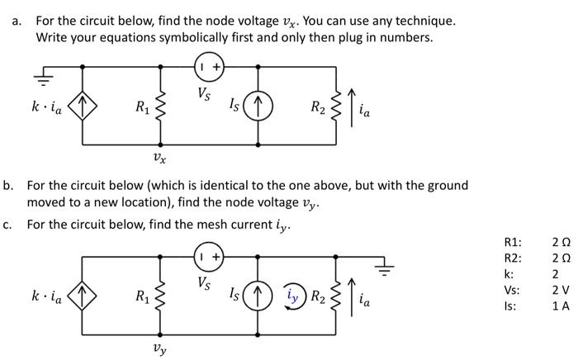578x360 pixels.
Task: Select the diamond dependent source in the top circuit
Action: [83, 107]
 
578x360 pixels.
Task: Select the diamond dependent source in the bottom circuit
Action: [83, 295]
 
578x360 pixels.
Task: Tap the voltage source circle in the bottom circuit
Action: [208, 257]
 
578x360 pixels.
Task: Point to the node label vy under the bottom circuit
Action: [160, 348]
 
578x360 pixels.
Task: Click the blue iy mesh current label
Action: [293, 294]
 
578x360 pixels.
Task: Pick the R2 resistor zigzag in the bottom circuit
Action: [336, 295]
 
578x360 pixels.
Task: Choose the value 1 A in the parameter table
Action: [560, 306]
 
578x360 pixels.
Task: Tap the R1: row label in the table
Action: [513, 242]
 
